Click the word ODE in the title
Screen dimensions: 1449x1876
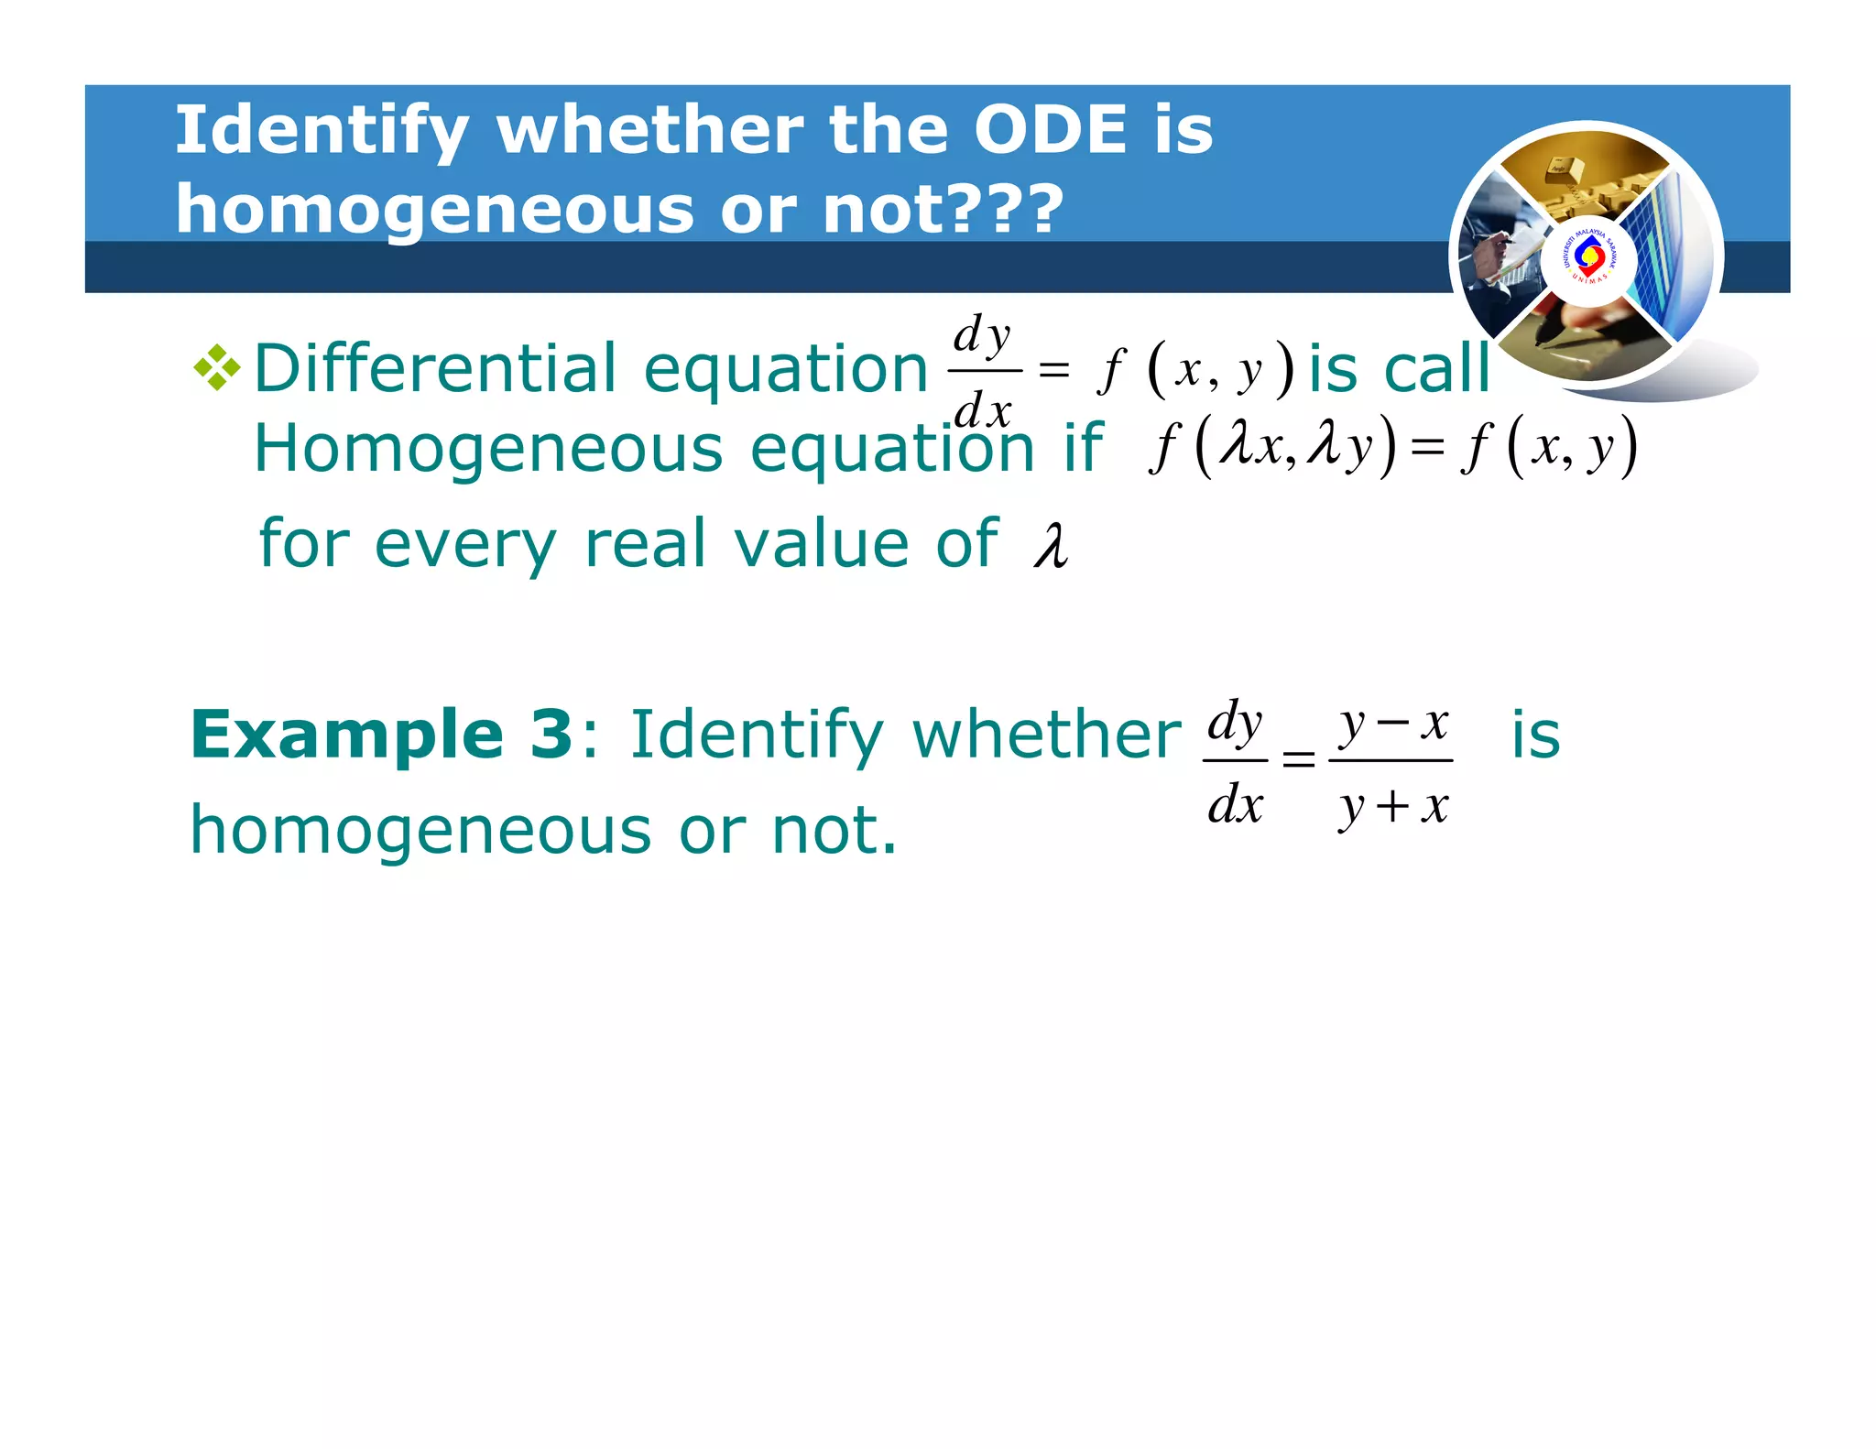point(1050,129)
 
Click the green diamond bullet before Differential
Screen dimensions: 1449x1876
point(217,368)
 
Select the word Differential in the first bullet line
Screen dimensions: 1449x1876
point(434,367)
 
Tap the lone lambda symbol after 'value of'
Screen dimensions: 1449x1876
point(1052,547)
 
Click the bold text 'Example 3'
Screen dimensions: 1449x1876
point(381,735)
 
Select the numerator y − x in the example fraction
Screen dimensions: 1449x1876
point(1392,724)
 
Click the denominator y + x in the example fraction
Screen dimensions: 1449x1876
point(1392,807)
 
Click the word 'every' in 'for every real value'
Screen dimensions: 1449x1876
point(465,544)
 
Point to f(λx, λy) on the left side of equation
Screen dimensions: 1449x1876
point(1273,447)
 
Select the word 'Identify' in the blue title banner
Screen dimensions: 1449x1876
point(322,129)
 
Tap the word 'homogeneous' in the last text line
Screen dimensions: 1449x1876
point(420,830)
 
